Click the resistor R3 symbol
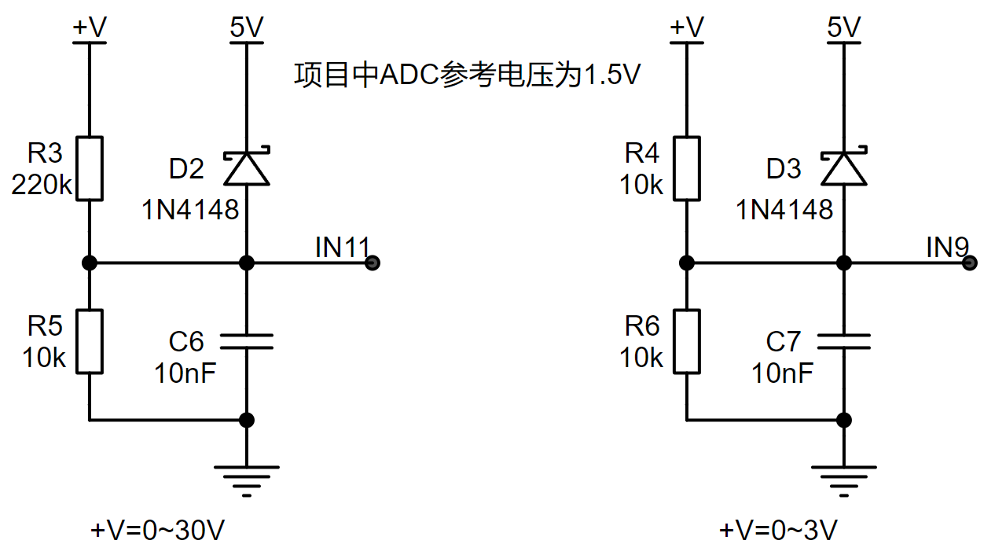tap(90, 168)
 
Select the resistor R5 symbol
tap(90, 341)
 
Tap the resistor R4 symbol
tap(687, 168)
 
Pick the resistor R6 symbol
tap(687, 341)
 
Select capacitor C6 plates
tap(247, 341)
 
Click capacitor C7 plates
tap(844, 341)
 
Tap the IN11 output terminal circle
tap(373, 263)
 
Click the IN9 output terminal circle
tap(970, 263)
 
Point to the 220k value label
tap(42, 185)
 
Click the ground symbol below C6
tap(247, 481)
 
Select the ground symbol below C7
tap(844, 481)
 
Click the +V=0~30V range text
tap(157, 530)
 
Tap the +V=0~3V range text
tap(778, 530)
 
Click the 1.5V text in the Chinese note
tap(611, 75)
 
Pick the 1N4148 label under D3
tap(784, 210)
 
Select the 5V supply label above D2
tap(247, 27)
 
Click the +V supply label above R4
tap(687, 27)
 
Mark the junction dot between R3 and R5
tap(90, 263)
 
